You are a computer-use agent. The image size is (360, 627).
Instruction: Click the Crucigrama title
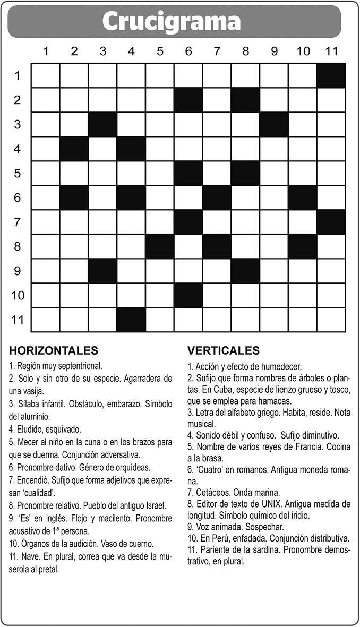(x=171, y=22)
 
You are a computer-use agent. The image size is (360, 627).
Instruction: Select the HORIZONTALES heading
(x=54, y=350)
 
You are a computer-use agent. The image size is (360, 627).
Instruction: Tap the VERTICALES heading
(x=224, y=350)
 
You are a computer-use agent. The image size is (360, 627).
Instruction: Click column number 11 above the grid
(x=331, y=51)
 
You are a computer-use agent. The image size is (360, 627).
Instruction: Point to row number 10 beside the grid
(x=18, y=295)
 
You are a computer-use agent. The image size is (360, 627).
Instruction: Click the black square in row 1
(x=331, y=75)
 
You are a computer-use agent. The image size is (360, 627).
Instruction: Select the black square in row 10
(x=188, y=295)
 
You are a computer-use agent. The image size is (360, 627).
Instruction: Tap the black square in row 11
(x=131, y=320)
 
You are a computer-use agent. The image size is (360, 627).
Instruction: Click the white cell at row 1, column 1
(x=46, y=75)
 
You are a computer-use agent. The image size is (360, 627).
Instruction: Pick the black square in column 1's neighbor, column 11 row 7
(x=331, y=222)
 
